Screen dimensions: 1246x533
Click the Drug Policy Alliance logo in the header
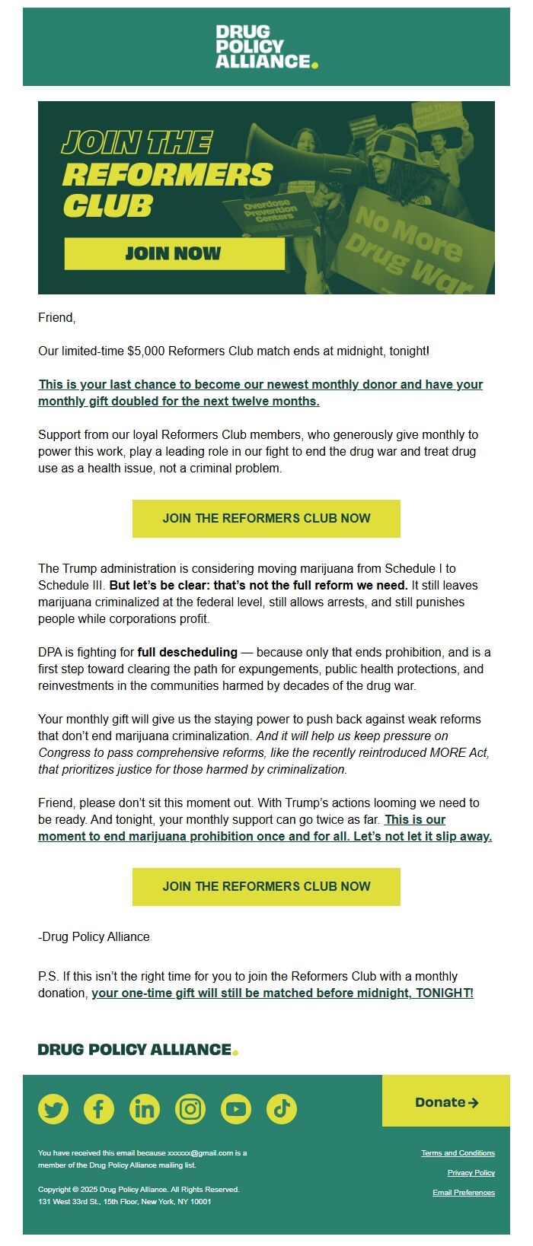tap(266, 46)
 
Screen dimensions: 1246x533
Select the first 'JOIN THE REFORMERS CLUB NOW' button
tap(266, 519)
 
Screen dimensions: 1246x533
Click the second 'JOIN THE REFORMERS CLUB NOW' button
tap(266, 887)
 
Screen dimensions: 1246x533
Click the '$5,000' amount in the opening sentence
tap(145, 351)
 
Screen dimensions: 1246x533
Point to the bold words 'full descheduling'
tap(187, 653)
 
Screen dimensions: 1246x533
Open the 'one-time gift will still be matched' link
tap(282, 993)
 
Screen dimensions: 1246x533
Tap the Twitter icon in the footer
tap(53, 1109)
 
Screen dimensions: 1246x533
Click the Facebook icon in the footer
tap(99, 1109)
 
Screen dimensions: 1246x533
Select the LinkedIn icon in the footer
tap(145, 1109)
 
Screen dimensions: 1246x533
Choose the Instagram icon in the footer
tap(190, 1109)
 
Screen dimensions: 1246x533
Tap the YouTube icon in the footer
tap(236, 1109)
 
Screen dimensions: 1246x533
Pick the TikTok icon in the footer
tap(282, 1109)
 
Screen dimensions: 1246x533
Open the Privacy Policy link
tap(471, 1173)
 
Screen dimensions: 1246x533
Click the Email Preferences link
tap(463, 1193)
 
